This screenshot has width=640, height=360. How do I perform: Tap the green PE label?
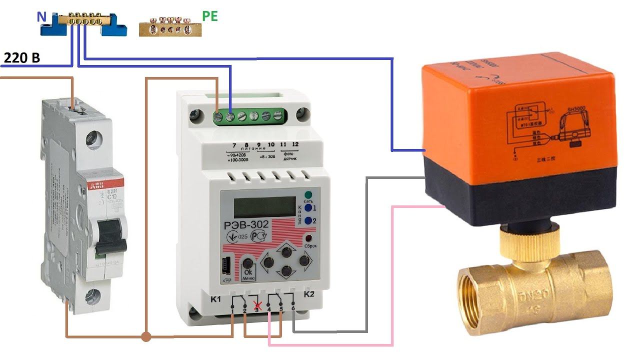tap(210, 16)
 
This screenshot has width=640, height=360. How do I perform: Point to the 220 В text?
tap(21, 58)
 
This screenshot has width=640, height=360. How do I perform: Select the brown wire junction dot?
tap(146, 336)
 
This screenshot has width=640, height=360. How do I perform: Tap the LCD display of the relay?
tap(265, 206)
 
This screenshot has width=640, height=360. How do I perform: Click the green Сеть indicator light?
tap(308, 195)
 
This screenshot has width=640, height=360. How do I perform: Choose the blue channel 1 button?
tap(308, 207)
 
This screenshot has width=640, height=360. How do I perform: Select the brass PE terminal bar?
tap(169, 28)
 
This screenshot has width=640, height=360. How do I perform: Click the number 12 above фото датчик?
tap(295, 144)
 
